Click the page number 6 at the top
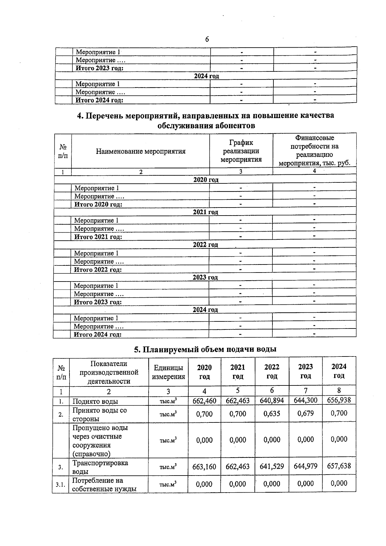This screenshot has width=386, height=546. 207,39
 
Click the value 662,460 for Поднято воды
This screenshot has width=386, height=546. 204,401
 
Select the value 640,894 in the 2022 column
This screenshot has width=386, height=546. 272,401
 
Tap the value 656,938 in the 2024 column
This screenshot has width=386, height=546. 339,400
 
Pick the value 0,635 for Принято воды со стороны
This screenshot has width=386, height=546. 272,414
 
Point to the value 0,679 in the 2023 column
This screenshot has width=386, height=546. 306,413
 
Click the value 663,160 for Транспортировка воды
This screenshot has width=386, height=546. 204,467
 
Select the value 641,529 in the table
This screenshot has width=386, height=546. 272,466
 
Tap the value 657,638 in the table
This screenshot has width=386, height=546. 339,466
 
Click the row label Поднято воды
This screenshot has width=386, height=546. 95,401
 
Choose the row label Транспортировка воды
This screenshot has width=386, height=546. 100,467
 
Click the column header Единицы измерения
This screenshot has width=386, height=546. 168,372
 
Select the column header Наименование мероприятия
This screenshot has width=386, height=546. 141,151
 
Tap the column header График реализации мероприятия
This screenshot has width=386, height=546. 241,151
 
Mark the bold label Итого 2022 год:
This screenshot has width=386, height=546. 98,270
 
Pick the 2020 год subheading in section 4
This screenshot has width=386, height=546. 206,180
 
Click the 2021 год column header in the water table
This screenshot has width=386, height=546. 238,372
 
